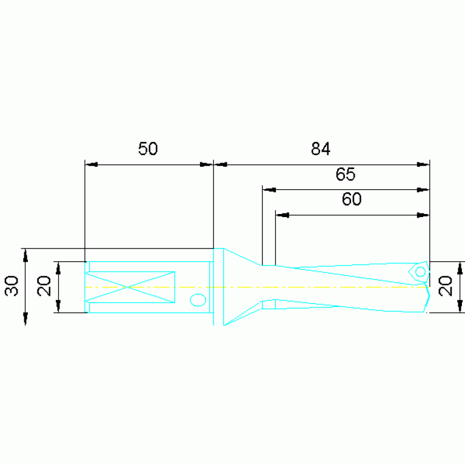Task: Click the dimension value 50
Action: click(x=148, y=149)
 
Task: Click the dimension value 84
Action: click(x=321, y=149)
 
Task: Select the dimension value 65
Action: click(x=345, y=174)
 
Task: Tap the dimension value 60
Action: click(x=352, y=199)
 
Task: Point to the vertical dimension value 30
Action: click(x=12, y=286)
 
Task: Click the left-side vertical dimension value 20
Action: click(x=44, y=286)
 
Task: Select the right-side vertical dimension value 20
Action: click(x=446, y=286)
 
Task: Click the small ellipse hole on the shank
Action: click(x=198, y=300)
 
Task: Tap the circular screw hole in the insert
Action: click(x=421, y=272)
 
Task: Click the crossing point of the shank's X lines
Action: click(x=128, y=287)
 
